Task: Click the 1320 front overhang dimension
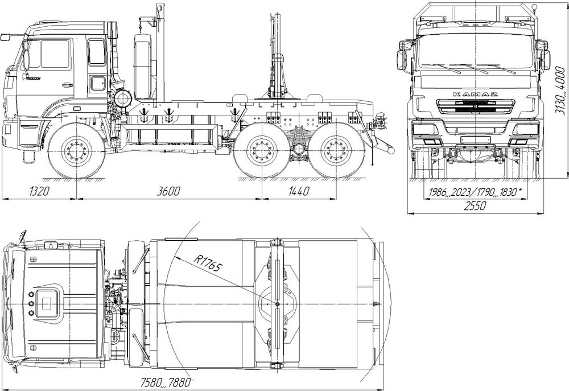click(x=39, y=191)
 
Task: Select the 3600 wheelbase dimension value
click(x=168, y=191)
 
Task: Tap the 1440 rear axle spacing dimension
click(x=299, y=191)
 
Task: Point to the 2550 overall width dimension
click(x=475, y=206)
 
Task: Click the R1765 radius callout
click(x=207, y=263)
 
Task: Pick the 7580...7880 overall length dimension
click(x=165, y=382)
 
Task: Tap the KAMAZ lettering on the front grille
click(x=475, y=94)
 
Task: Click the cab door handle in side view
click(x=67, y=85)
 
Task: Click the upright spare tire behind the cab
click(x=144, y=67)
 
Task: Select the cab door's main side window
click(x=55, y=54)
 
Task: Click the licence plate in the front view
click(x=475, y=140)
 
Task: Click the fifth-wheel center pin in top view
click(x=277, y=303)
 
